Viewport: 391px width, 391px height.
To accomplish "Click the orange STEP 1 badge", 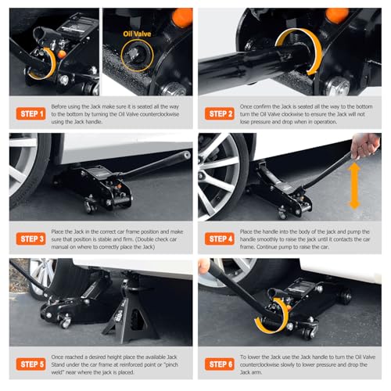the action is click(30, 113).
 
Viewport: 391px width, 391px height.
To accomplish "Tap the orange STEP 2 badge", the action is click(220, 113).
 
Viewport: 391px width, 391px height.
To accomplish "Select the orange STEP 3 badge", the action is click(30, 239).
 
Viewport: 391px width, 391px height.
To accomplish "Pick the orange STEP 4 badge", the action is click(220, 239).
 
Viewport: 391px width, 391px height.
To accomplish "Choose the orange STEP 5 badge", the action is click(30, 364).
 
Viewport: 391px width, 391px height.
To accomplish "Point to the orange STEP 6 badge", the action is click(220, 364).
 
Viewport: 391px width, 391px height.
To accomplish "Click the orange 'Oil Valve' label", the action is click(137, 34).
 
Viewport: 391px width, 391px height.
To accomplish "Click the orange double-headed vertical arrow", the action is click(354, 186).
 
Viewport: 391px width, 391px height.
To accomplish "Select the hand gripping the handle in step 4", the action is click(365, 145).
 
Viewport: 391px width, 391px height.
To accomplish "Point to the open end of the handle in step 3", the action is click(186, 156).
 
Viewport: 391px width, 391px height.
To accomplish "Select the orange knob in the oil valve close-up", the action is click(182, 17).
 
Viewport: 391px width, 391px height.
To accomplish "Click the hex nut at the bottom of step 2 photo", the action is click(337, 87).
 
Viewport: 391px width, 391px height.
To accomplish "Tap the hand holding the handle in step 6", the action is click(204, 266).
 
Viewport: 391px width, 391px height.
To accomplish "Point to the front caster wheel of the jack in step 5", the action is click(65, 323).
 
